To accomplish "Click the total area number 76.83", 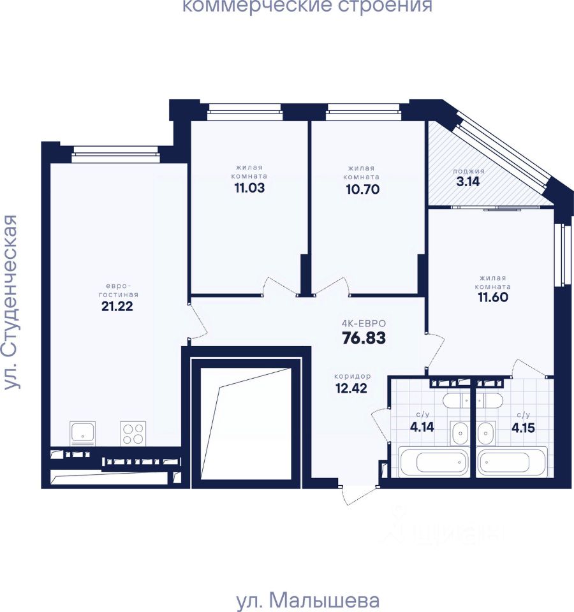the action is click(x=364, y=338).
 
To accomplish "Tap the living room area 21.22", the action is click(x=117, y=307).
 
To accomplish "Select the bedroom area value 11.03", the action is click(x=249, y=188).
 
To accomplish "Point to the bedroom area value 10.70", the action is click(x=363, y=189).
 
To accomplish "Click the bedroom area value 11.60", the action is click(x=493, y=298).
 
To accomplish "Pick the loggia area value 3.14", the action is click(x=467, y=182).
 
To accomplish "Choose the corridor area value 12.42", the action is click(x=351, y=388).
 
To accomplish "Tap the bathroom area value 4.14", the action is click(x=422, y=427).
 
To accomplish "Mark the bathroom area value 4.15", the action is click(x=523, y=428).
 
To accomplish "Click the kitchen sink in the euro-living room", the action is click(x=82, y=433).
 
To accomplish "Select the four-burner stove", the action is click(x=133, y=433).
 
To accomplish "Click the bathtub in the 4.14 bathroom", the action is click(x=433, y=463).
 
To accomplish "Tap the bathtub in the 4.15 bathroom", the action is click(x=512, y=463).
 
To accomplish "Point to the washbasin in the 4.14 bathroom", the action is click(x=460, y=433).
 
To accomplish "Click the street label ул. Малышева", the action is click(x=308, y=600).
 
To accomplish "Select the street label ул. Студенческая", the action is click(x=10, y=302).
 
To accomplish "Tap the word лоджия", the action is click(x=469, y=171).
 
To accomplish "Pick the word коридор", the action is click(x=352, y=376).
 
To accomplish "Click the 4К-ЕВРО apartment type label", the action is click(x=364, y=324).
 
